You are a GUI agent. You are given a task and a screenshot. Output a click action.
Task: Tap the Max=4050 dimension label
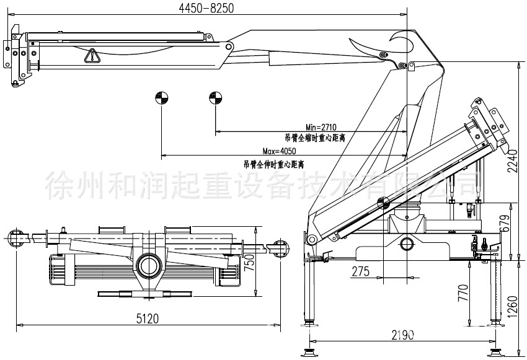[280, 151]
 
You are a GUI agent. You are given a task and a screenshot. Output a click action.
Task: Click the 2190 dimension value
[402, 335]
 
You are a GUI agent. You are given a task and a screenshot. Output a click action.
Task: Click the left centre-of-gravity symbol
[161, 97]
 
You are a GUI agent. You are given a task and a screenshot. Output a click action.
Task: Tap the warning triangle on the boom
[92, 56]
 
